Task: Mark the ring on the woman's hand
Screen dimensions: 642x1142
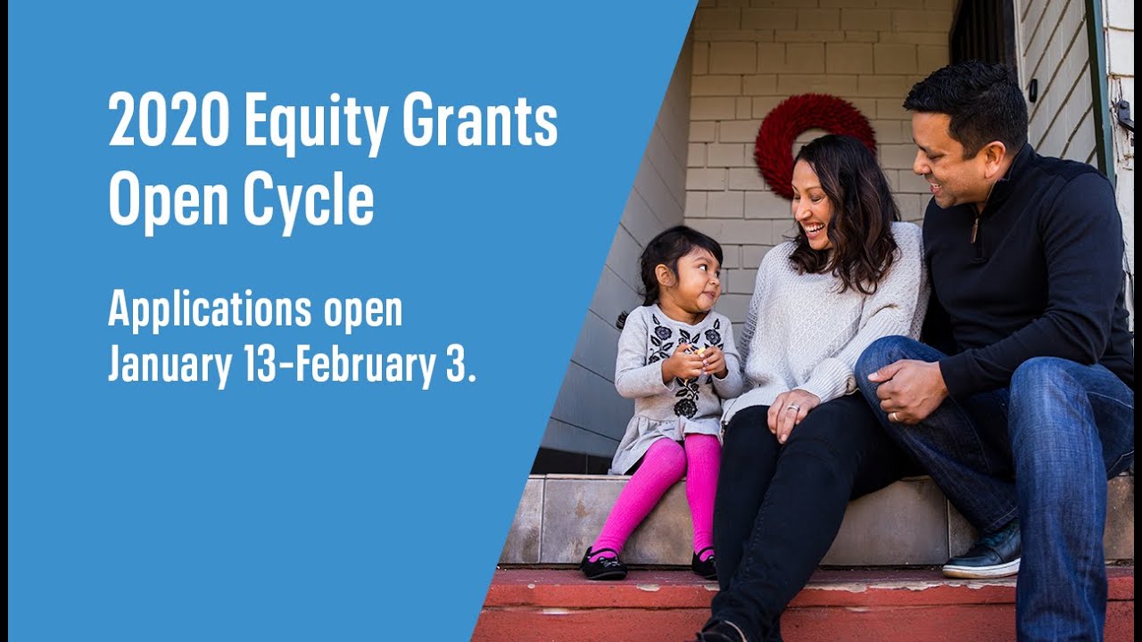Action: (x=794, y=407)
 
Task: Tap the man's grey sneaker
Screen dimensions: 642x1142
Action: (x=983, y=554)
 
